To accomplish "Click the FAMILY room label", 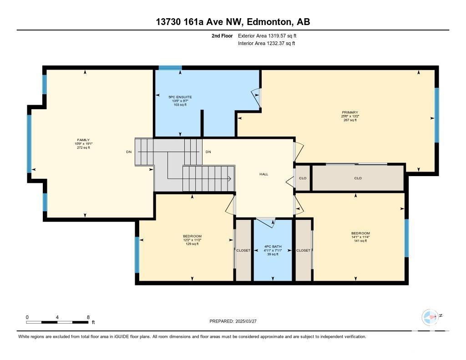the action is [84, 140].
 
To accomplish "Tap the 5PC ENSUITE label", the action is [180, 97].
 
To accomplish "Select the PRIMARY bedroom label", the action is [350, 112].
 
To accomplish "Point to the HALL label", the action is [263, 174].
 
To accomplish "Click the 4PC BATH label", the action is [273, 246].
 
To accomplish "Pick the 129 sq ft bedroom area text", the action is [192, 244].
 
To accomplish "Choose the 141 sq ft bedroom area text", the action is [360, 241].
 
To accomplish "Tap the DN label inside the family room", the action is [129, 152].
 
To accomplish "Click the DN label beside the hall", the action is [208, 152].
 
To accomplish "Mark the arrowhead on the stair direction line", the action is [230, 179].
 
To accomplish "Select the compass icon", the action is [431, 317].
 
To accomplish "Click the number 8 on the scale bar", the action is [88, 317].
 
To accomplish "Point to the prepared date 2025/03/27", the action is [246, 321].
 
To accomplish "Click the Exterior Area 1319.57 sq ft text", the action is [267, 35].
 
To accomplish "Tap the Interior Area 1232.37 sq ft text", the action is [267, 43].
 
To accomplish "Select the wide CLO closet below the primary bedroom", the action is [358, 178].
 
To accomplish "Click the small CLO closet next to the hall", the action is [303, 178].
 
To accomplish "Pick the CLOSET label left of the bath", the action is [243, 250].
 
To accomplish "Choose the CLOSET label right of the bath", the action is [303, 250].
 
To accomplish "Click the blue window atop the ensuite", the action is [170, 67].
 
